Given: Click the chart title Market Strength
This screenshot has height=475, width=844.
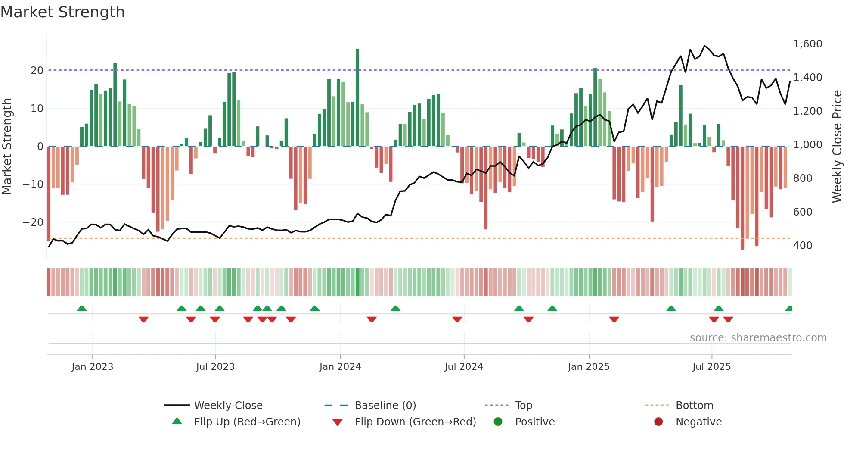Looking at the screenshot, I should (x=62, y=12).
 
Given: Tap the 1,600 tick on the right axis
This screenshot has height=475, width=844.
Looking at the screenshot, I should (x=807, y=44).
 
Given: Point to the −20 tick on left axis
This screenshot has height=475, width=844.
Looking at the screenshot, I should (x=33, y=222).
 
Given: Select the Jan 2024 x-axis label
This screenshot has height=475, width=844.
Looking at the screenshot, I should (x=340, y=367).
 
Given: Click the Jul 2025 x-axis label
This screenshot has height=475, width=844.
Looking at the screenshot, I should (x=711, y=367).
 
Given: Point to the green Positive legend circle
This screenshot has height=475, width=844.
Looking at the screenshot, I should (x=498, y=422).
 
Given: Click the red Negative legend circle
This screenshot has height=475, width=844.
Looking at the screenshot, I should (x=658, y=422).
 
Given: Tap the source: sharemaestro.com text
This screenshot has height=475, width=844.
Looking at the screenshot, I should (x=758, y=338).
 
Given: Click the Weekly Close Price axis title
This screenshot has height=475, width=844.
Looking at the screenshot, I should (x=837, y=147).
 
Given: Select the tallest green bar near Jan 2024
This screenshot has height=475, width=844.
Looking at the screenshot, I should (x=357, y=97).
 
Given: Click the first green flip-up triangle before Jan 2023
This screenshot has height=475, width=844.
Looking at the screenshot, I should (x=82, y=308).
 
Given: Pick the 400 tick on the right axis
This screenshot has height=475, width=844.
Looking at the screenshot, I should (x=803, y=246).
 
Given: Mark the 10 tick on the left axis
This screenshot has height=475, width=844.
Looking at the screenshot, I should (x=37, y=109).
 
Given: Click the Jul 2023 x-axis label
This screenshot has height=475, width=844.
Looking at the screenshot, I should (x=215, y=367).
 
